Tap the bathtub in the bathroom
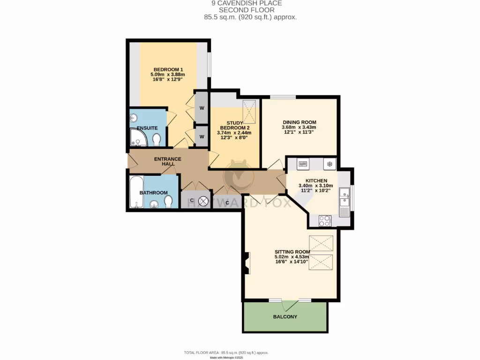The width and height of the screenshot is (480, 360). (136, 192)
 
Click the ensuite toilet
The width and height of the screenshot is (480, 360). (157, 139)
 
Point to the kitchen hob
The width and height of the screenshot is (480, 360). (324, 220)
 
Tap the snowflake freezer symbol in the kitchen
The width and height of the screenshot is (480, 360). (330, 164)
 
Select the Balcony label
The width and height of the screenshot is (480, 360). (285, 317)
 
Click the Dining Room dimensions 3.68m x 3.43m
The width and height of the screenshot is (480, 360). (299, 127)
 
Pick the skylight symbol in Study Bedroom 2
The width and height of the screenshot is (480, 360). (249, 110)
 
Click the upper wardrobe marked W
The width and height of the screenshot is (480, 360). (202, 107)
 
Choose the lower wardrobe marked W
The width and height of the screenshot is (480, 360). (202, 136)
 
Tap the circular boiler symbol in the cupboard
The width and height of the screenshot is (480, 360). (203, 202)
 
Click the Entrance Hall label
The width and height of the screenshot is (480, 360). (167, 162)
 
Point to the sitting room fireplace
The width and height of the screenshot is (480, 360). (247, 263)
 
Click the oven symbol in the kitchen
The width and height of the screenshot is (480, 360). (302, 164)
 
